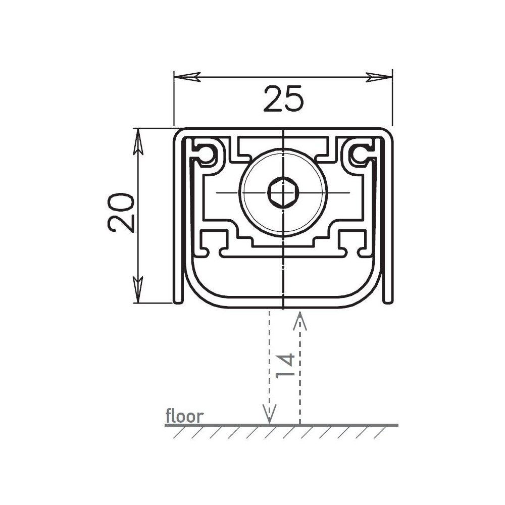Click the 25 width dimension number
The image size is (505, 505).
pos(283,98)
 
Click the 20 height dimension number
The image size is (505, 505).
pos(121,213)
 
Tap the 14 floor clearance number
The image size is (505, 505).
pos(285,366)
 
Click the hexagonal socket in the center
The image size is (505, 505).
pos(283,193)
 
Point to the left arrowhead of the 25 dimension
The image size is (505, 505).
pos(187,77)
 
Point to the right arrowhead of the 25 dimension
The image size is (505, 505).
pos(379,77)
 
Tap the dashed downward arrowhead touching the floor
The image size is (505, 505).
pos(270,414)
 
